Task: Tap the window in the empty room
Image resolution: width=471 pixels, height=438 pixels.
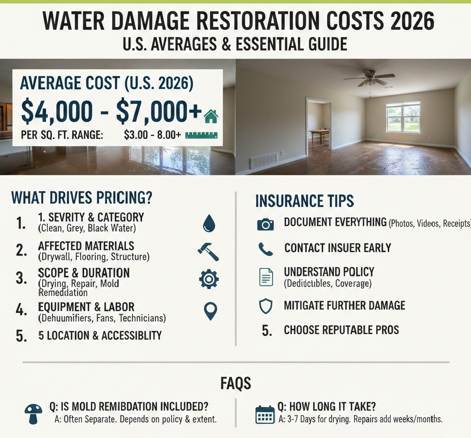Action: (x=403, y=117)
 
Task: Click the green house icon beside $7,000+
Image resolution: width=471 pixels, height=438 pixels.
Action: (x=211, y=116)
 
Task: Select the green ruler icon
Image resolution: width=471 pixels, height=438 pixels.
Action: (x=201, y=135)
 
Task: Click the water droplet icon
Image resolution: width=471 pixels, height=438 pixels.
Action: (x=209, y=224)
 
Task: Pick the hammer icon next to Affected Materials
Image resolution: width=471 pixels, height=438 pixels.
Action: (x=208, y=252)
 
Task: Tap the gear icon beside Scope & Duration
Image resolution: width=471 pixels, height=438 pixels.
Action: (x=209, y=279)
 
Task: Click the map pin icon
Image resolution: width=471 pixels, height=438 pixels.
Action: (x=210, y=311)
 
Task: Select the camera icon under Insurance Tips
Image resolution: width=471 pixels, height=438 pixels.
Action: (x=265, y=225)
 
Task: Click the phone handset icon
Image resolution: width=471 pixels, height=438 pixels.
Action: (x=265, y=249)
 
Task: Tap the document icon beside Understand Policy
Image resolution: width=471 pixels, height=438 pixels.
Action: (x=266, y=277)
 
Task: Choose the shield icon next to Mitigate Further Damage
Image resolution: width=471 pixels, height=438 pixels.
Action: (x=266, y=306)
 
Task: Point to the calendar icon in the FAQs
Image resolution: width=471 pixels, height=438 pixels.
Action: (x=264, y=415)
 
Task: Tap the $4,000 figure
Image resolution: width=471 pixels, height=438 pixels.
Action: (x=57, y=111)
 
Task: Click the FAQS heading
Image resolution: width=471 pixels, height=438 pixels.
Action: (x=235, y=383)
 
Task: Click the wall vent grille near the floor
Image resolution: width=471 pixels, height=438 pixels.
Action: (x=264, y=161)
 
